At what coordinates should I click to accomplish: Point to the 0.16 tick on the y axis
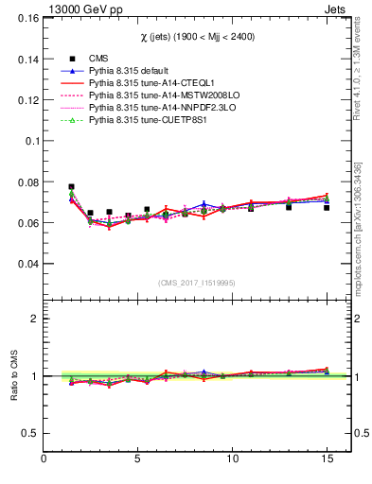(26, 18)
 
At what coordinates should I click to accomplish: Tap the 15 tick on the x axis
(327, 459)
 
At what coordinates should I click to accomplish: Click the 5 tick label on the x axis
(138, 459)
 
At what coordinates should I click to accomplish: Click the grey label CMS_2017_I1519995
(197, 282)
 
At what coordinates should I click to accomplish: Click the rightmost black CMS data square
(327, 207)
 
